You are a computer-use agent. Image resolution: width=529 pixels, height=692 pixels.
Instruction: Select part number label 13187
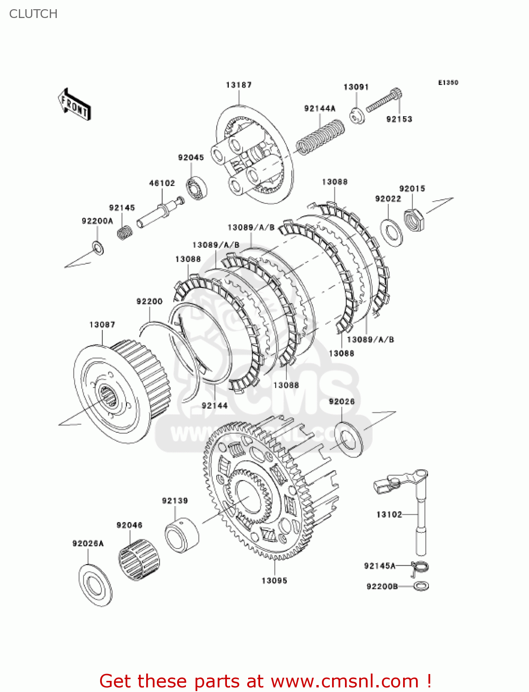pyautogui.click(x=238, y=85)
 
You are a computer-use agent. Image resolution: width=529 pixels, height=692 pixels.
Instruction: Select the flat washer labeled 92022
pyautogui.click(x=392, y=233)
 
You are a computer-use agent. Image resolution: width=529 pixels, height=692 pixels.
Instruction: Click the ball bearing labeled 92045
pyautogui.click(x=196, y=188)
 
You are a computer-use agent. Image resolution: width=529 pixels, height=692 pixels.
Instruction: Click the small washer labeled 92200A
pyautogui.click(x=98, y=248)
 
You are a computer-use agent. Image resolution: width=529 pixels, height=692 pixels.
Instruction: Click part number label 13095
pyautogui.click(x=274, y=581)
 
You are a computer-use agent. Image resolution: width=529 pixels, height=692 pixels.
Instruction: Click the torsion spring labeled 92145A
pyautogui.click(x=420, y=567)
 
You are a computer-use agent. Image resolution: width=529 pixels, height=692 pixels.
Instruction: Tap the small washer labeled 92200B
pyautogui.click(x=421, y=586)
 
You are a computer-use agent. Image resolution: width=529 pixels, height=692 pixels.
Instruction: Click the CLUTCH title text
pyautogui.click(x=33, y=14)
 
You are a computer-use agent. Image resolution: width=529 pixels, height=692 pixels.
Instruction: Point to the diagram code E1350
pyautogui.click(x=448, y=83)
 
